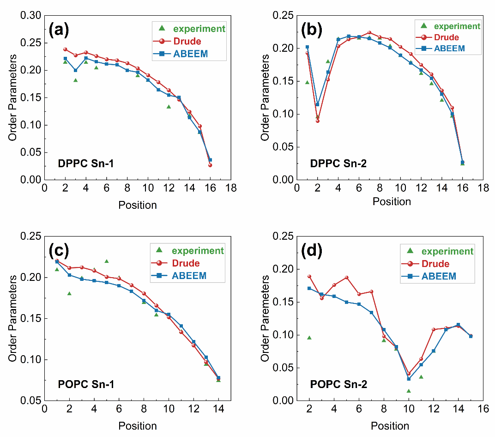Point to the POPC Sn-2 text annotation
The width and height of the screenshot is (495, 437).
[x=339, y=384]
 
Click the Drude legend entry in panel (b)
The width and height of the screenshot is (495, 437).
[x=447, y=37]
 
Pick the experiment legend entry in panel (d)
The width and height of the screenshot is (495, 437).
[x=447, y=251]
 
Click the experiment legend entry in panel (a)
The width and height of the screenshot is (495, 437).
[x=199, y=29]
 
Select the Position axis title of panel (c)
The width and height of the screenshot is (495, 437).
[x=138, y=425]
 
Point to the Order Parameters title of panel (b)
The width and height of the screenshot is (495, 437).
[x=265, y=98]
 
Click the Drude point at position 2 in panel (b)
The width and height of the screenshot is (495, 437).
[x=317, y=121]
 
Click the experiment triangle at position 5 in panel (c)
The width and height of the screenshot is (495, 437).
[x=107, y=261]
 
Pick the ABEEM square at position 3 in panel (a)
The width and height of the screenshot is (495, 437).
[x=75, y=70]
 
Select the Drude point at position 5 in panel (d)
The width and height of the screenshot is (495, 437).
[x=346, y=278]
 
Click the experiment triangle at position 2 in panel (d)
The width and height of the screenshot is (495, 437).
[x=309, y=338]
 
